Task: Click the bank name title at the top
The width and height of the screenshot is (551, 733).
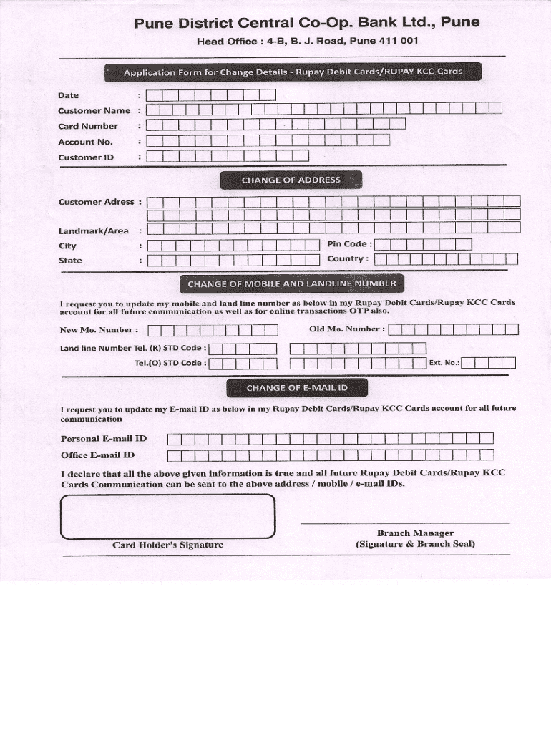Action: coord(307,24)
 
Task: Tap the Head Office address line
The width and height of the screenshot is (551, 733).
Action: coord(307,42)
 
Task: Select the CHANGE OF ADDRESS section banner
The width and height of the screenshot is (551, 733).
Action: coord(291,180)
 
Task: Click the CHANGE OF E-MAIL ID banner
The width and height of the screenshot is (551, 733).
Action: coord(297,388)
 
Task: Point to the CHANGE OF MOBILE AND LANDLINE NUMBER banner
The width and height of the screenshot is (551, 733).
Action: coord(291,284)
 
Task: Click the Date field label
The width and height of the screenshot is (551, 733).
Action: coord(69,95)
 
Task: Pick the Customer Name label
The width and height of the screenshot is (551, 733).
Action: coord(94,111)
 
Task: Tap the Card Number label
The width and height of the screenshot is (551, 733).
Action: coord(88,126)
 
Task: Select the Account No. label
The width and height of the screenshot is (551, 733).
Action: coord(85,142)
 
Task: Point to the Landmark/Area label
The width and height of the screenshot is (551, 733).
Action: coord(93,230)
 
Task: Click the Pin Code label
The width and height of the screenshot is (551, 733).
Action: coord(349,244)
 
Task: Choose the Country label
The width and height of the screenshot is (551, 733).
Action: coord(348,259)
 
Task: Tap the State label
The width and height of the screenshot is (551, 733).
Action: coord(70,261)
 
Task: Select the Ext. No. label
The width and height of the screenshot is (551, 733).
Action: coord(444,363)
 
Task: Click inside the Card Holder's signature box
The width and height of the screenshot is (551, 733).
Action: coord(168,515)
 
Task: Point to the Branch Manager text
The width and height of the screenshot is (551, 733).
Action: coord(415,533)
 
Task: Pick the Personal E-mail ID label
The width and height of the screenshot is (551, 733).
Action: coord(104,438)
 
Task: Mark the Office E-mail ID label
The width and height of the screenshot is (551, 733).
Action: coord(98,455)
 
